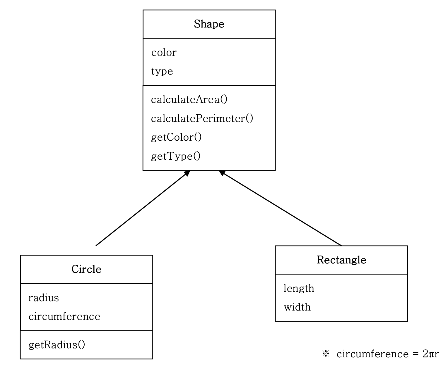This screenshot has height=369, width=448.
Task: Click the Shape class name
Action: coord(209,24)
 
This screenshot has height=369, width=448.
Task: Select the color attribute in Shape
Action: coord(164,53)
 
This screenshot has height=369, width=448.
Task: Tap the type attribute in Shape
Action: coord(162,71)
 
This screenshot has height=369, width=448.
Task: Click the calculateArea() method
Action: coord(189,100)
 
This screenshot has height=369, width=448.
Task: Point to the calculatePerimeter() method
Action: coord(202,118)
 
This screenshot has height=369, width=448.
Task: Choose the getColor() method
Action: coord(176,137)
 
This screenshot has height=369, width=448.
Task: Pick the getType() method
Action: coord(176,156)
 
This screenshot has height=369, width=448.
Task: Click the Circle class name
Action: coord(86,269)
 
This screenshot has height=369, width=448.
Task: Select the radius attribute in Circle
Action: coord(44,298)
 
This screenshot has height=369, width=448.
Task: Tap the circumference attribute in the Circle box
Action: coord(64,317)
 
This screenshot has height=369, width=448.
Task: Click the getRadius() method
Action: coord(57,345)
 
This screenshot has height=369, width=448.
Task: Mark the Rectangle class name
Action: coord(341,260)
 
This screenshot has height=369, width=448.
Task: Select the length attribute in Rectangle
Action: coord(299,289)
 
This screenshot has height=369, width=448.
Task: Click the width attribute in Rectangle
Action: coord(297,307)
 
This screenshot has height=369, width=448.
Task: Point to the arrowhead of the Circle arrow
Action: coord(187,173)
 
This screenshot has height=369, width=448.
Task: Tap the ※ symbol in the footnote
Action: coord(326,354)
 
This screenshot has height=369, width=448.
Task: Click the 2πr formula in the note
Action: coord(431,354)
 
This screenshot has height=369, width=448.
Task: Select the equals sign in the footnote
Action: coord(415,354)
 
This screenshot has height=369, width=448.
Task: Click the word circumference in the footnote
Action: coord(372,354)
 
